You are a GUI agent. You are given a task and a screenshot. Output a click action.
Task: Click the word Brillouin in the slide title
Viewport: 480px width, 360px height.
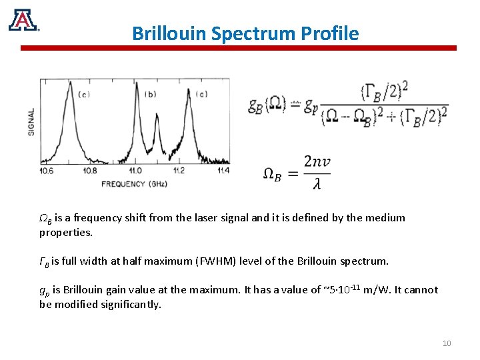pyautogui.click(x=169, y=33)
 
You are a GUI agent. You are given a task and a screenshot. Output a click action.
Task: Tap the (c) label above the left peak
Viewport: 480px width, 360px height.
pyautogui.click(x=85, y=95)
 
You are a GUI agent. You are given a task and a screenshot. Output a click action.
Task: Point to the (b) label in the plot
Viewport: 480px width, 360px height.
pyautogui.click(x=151, y=94)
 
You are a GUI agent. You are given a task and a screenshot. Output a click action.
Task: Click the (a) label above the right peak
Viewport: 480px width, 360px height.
pyautogui.click(x=201, y=94)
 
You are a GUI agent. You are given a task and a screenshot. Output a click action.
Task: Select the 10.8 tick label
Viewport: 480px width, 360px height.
pyautogui.click(x=89, y=171)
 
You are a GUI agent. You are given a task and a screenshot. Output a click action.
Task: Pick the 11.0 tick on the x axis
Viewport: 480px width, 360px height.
pyautogui.click(x=135, y=171)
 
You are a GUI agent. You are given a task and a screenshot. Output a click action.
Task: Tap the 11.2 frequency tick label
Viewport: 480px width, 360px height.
pyautogui.click(x=179, y=171)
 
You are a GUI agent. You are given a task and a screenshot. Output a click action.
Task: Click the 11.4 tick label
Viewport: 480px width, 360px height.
pyautogui.click(x=223, y=171)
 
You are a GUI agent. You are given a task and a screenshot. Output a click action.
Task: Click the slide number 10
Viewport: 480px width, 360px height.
pyautogui.click(x=447, y=343)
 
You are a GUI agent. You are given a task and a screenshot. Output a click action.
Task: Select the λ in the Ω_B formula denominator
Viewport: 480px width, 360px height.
pyautogui.click(x=317, y=183)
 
